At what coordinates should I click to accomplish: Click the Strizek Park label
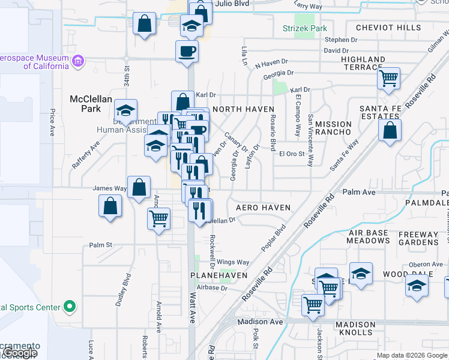coord(305,28)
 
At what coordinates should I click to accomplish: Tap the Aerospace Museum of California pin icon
coord(77,61)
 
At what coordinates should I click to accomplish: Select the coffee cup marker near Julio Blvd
coord(187,50)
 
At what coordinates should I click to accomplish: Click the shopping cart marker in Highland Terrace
coord(389,77)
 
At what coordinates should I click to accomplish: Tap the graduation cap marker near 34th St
coord(126,110)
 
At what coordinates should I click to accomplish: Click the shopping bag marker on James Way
coord(139,187)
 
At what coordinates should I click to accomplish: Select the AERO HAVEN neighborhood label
coord(263,208)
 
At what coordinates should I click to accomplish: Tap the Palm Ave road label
coord(359,192)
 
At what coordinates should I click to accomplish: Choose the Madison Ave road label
coord(259,322)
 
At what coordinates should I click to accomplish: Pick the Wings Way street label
coord(233,262)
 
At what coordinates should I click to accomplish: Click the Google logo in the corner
coord(20,353)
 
